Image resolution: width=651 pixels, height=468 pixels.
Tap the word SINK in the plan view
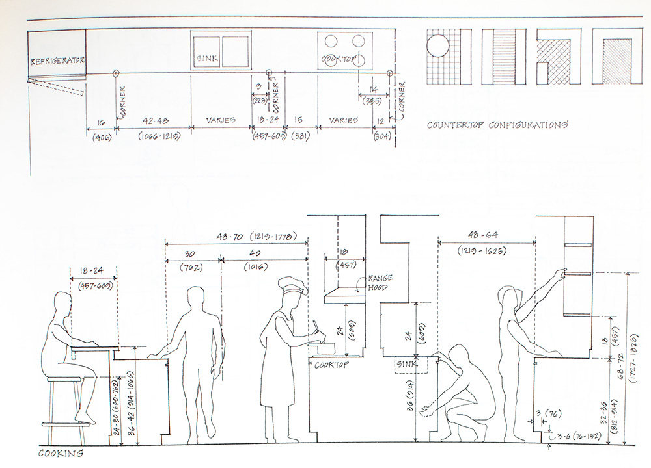coord(206,60)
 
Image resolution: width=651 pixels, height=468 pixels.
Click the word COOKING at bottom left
coord(61,453)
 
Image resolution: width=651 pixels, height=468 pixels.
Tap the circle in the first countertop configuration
coord(437,48)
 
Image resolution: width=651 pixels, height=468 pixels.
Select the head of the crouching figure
coord(461,356)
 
